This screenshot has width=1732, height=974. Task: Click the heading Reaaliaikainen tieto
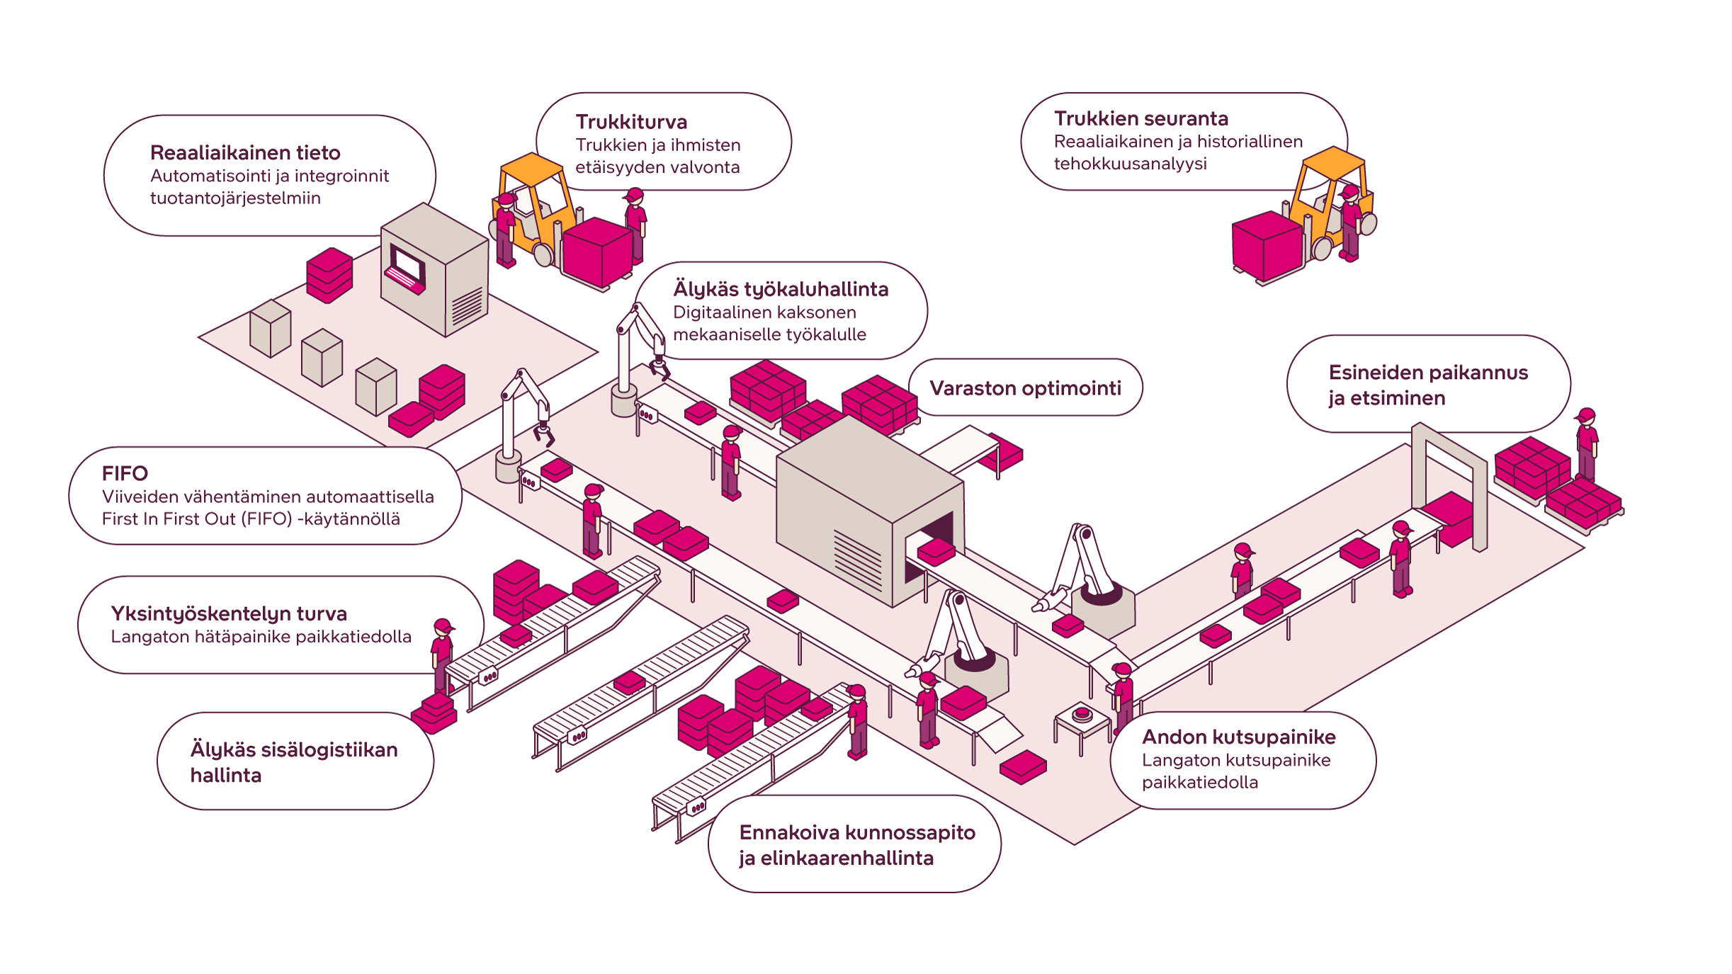(x=245, y=153)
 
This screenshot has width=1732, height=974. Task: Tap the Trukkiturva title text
(x=631, y=122)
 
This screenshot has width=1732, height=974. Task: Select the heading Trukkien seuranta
(x=1140, y=118)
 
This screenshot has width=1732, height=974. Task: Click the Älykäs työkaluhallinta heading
(x=780, y=289)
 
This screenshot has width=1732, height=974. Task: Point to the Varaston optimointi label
(x=1025, y=388)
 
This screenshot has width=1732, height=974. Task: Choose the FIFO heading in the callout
(x=125, y=473)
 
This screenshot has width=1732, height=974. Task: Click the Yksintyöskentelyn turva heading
(x=229, y=613)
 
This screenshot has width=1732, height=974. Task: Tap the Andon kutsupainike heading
(x=1238, y=737)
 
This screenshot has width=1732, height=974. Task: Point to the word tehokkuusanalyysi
(x=1130, y=164)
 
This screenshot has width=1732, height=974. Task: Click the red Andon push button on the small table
(x=1082, y=713)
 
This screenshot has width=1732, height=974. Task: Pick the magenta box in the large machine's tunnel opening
(x=936, y=550)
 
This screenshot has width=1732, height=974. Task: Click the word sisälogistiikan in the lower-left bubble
(x=329, y=749)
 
